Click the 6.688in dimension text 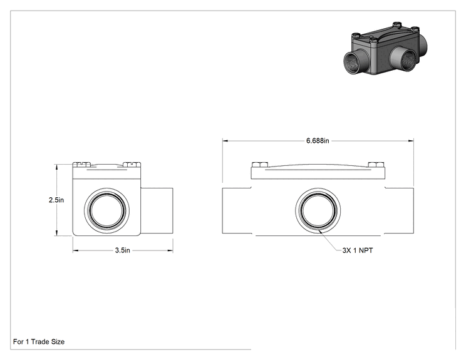click(x=318, y=140)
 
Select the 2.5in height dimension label click(x=56, y=200)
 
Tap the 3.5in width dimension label click(x=122, y=250)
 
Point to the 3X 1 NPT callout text click(x=358, y=250)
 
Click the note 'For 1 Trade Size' click(x=39, y=342)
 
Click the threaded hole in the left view click(x=106, y=210)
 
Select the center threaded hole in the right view click(x=318, y=210)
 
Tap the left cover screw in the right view click(x=260, y=165)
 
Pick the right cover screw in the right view click(x=376, y=165)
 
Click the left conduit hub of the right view click(x=237, y=210)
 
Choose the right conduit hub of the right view click(x=399, y=210)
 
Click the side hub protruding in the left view click(x=157, y=210)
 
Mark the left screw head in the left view click(x=81, y=164)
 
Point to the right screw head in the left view click(x=132, y=164)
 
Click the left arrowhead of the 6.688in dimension click(x=225, y=141)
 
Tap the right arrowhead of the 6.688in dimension click(x=411, y=141)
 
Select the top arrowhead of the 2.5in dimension click(x=56, y=167)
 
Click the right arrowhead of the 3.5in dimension click(x=170, y=250)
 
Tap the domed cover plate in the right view click(x=318, y=172)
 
